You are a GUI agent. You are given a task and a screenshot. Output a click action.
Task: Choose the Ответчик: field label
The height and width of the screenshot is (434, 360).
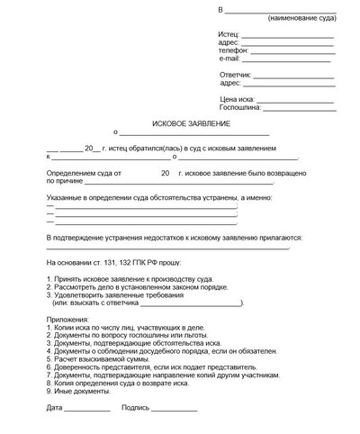click(x=236, y=75)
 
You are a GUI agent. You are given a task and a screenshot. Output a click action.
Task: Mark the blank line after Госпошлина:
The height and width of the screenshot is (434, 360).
click(x=302, y=108)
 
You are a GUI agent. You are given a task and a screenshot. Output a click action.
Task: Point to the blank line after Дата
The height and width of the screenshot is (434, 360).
click(x=87, y=411)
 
